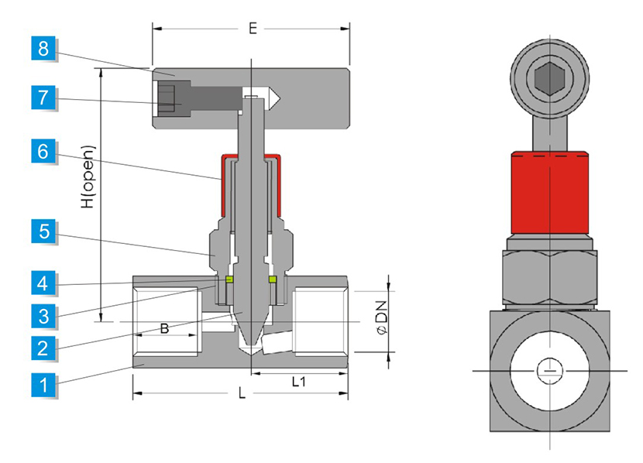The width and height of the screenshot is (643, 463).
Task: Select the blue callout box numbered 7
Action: tap(43, 98)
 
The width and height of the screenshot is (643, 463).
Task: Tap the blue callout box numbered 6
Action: tap(43, 151)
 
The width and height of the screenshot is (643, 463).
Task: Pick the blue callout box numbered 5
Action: tap(43, 231)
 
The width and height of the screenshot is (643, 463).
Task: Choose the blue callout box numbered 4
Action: tap(43, 283)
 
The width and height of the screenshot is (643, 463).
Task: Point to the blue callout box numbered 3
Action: tap(43, 315)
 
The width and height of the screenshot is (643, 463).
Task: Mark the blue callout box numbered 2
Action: tap(43, 348)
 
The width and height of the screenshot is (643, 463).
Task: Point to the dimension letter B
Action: tap(164, 328)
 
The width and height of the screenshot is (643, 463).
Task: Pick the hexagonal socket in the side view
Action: tap(550, 77)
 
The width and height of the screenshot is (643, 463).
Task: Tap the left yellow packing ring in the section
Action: tap(229, 280)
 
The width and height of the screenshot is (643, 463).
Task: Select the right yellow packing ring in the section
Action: tap(273, 280)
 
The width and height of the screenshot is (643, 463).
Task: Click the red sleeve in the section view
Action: tap(225, 186)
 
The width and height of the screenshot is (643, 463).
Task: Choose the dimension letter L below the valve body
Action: tap(242, 394)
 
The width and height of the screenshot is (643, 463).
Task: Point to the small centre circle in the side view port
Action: tap(550, 371)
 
